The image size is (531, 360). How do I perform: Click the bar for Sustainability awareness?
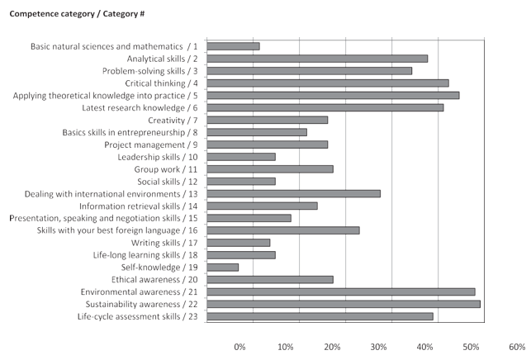pyautogui.click(x=343, y=304)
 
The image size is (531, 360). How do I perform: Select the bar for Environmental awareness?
pyautogui.click(x=340, y=291)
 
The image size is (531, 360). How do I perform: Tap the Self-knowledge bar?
pyautogui.click(x=222, y=267)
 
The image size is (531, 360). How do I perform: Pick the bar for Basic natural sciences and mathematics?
pyautogui.click(x=233, y=46)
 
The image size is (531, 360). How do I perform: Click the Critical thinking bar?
pyautogui.click(x=327, y=83)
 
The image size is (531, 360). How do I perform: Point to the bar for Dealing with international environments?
pyautogui.click(x=293, y=193)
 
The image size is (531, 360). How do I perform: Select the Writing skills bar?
pyautogui.click(x=238, y=243)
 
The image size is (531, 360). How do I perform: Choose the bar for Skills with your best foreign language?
pyautogui.click(x=282, y=230)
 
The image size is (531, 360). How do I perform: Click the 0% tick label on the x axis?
pyautogui.click(x=239, y=347)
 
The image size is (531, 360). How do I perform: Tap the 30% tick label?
pyautogui.click(x=378, y=347)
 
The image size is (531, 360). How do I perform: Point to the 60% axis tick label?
pyautogui.click(x=517, y=347)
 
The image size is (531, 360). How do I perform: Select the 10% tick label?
pyautogui.click(x=286, y=347)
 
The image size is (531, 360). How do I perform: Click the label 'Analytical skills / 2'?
pyautogui.click(x=161, y=59)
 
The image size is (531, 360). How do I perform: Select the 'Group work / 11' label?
pyautogui.click(x=166, y=168)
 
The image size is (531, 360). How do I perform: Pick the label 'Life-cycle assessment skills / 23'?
pyautogui.click(x=137, y=316)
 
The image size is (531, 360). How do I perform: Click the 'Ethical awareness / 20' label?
pyautogui.click(x=159, y=279)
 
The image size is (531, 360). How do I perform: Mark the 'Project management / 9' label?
pyautogui.click(x=151, y=144)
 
